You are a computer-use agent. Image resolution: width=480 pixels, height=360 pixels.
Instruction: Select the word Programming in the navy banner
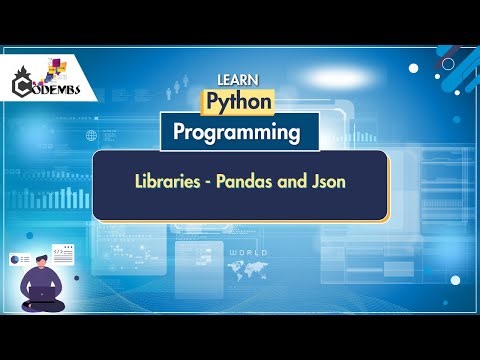(236, 131)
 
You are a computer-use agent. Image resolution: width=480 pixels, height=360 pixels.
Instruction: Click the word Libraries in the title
(171, 184)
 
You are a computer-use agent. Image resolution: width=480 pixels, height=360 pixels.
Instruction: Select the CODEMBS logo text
(62, 90)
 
